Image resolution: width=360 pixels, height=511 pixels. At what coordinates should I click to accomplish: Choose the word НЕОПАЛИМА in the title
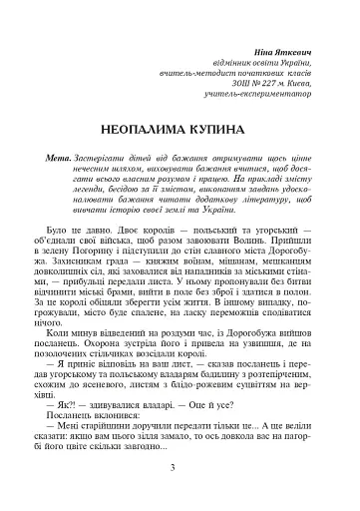[x=147, y=131]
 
